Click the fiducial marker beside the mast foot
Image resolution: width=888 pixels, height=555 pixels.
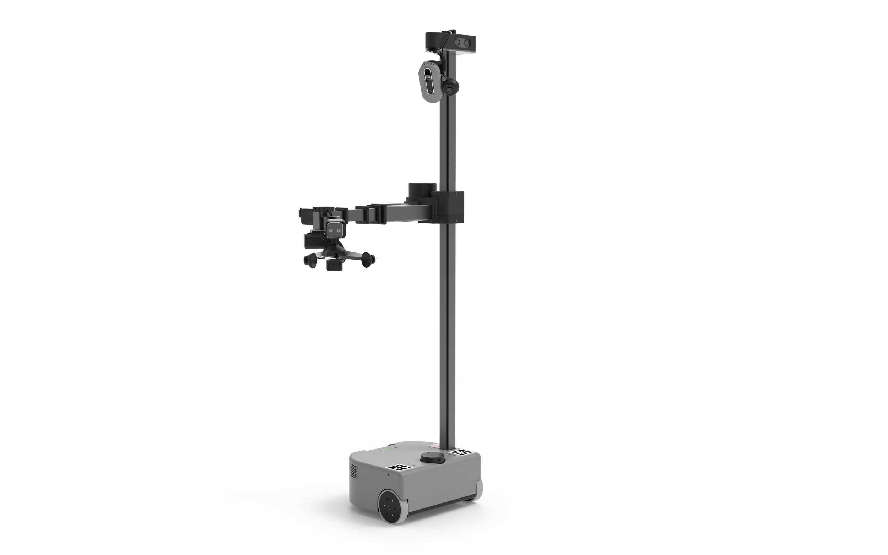tap(462, 452)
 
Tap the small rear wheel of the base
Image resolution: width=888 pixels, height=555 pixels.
tap(480, 490)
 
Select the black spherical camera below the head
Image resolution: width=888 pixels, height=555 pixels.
tap(450, 88)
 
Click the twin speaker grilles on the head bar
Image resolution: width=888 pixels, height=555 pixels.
tap(461, 43)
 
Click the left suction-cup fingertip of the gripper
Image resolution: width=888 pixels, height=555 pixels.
tap(310, 260)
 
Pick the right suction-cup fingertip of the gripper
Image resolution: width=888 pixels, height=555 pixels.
tap(368, 259)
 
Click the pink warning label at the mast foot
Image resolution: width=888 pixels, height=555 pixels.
tap(435, 445)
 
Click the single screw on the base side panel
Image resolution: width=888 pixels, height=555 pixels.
tap(388, 474)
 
